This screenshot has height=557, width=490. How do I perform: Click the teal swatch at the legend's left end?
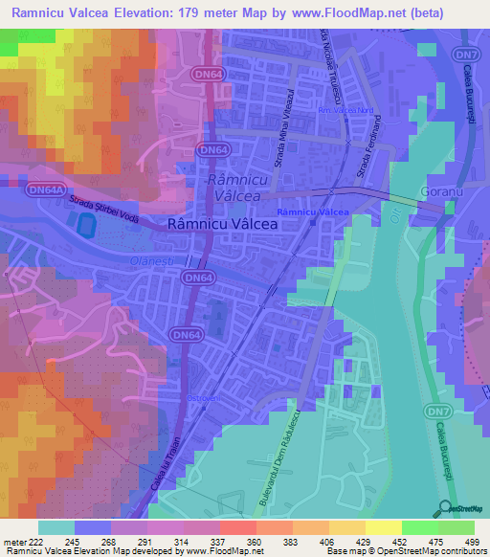pyautogui.click(x=56, y=527)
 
